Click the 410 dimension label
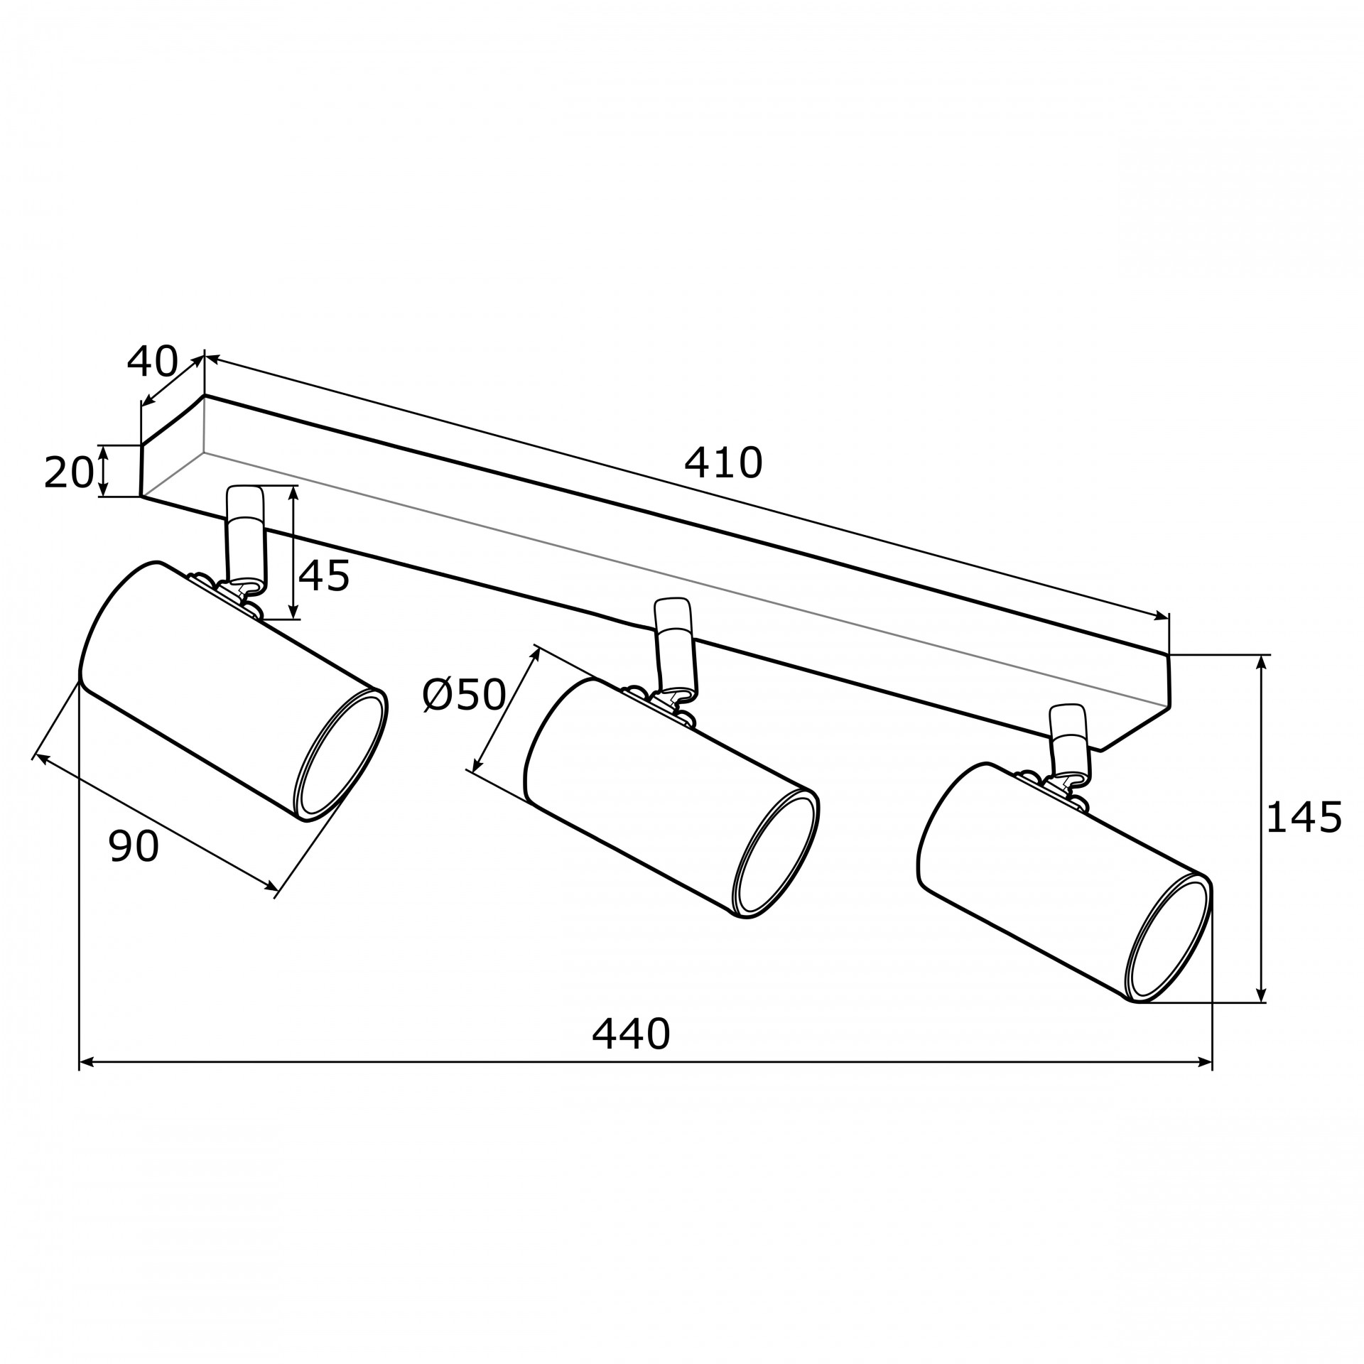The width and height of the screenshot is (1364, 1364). point(723,463)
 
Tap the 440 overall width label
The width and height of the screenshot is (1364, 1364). point(631,1034)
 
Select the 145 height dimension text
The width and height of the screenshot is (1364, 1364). point(1304,817)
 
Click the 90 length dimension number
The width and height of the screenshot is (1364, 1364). point(134,846)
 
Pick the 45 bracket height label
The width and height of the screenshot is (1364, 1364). point(324,575)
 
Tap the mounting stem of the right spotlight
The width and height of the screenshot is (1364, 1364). point(1068,740)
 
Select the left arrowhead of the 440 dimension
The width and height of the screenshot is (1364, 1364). point(86,1082)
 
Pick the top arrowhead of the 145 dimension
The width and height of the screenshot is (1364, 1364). point(1261,662)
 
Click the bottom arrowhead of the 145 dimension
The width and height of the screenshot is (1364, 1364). point(1261,995)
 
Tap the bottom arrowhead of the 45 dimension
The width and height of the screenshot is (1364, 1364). point(293,612)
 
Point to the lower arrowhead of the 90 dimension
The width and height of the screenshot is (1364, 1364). point(271,885)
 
